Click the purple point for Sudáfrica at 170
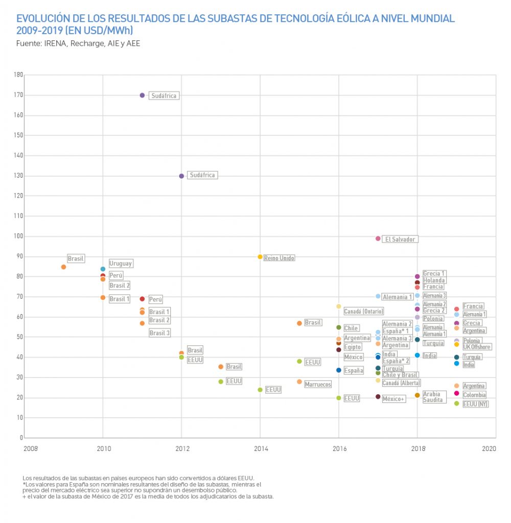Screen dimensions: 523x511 point(142,95)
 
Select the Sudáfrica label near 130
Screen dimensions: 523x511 point(202,175)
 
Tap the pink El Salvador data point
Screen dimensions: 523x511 point(378,239)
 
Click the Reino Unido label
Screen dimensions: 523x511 point(279,258)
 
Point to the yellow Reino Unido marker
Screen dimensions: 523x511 point(260,257)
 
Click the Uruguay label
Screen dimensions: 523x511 point(121,264)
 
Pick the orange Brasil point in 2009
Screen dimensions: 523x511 point(63,267)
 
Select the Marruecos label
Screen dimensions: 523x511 point(317,384)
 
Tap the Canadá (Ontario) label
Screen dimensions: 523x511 point(363,311)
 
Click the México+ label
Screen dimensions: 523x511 point(393,399)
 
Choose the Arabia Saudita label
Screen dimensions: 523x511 point(432,397)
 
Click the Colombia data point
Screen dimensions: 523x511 point(456,393)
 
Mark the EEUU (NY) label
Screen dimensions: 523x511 point(475,404)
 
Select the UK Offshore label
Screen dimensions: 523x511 point(477,347)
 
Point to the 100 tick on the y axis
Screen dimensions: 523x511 point(19,236)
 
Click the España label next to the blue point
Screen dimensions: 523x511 point(354,371)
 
